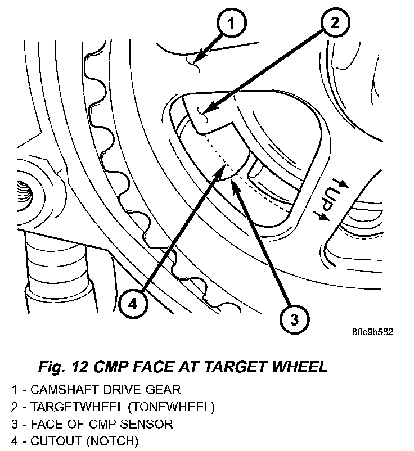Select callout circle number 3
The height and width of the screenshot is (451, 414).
(294, 320)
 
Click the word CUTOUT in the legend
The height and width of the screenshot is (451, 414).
(51, 440)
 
